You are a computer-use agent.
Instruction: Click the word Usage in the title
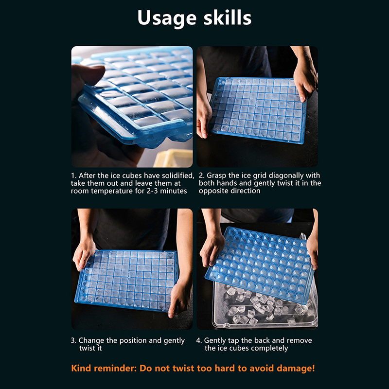[x=167, y=18]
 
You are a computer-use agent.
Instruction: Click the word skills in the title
[x=228, y=18]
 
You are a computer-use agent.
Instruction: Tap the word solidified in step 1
[x=178, y=176]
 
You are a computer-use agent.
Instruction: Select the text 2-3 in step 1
[x=152, y=191]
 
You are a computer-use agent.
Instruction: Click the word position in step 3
[x=133, y=341]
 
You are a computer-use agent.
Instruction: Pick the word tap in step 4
[x=233, y=341]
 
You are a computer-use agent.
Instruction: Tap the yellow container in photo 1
[x=173, y=158]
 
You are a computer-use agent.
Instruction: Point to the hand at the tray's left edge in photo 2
[x=203, y=117]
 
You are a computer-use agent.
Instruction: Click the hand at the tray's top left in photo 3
[x=84, y=253]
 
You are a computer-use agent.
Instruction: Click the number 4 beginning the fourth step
[x=198, y=341]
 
